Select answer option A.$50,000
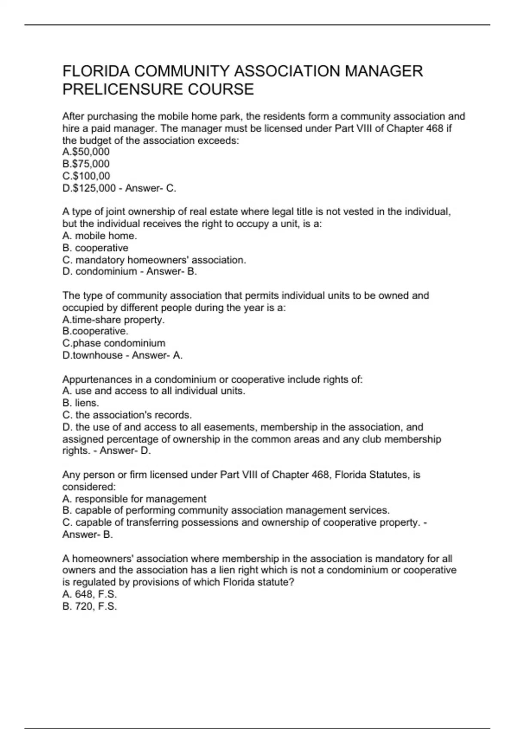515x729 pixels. click(86, 152)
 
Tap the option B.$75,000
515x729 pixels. click(86, 164)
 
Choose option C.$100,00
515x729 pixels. click(86, 176)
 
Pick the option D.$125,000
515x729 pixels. click(89, 188)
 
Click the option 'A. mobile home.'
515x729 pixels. click(100, 236)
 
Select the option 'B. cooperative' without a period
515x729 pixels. click(95, 248)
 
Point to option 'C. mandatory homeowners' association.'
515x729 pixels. click(154, 260)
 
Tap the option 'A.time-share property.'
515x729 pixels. click(113, 319)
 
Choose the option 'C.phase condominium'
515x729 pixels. click(114, 343)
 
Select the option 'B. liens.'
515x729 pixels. click(81, 403)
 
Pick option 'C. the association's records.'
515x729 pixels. click(127, 415)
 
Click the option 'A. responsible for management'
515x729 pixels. click(134, 499)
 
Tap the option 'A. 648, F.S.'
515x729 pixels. click(89, 594)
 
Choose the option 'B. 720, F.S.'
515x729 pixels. click(89, 606)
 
